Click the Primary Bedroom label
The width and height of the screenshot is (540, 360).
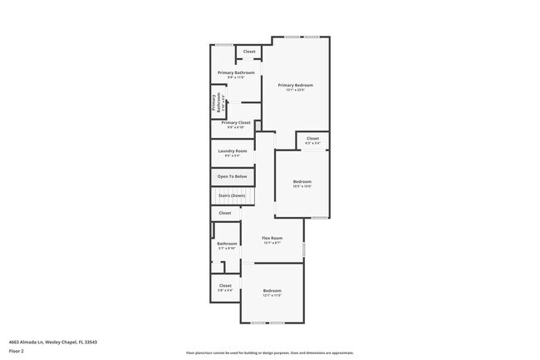(x=296, y=85)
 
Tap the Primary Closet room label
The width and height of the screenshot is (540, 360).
(x=236, y=122)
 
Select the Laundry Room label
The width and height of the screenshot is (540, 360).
(x=233, y=150)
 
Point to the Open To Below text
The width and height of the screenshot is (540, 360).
(x=232, y=176)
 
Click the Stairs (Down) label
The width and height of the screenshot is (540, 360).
(x=232, y=195)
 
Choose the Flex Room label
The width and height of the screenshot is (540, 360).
(x=272, y=238)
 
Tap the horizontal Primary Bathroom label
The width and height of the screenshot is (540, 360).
(x=236, y=72)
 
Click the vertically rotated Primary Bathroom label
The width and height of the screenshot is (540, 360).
(x=215, y=102)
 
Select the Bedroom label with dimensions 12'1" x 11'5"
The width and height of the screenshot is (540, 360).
(x=272, y=290)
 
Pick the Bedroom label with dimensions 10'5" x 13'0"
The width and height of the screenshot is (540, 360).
(x=302, y=181)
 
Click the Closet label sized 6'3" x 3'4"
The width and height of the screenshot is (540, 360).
(x=312, y=138)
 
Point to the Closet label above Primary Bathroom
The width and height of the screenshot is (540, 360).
(x=249, y=52)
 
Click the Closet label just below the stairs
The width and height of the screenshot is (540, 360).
(x=225, y=213)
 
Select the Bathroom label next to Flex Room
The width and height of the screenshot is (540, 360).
(x=227, y=244)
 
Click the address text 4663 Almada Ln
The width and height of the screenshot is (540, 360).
(x=42, y=341)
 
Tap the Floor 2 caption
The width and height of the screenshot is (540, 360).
(x=16, y=352)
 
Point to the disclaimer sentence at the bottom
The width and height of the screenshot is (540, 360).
(x=270, y=353)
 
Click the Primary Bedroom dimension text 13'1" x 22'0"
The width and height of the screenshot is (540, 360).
(x=296, y=90)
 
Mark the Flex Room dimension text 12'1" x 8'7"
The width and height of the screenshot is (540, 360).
(x=272, y=243)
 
